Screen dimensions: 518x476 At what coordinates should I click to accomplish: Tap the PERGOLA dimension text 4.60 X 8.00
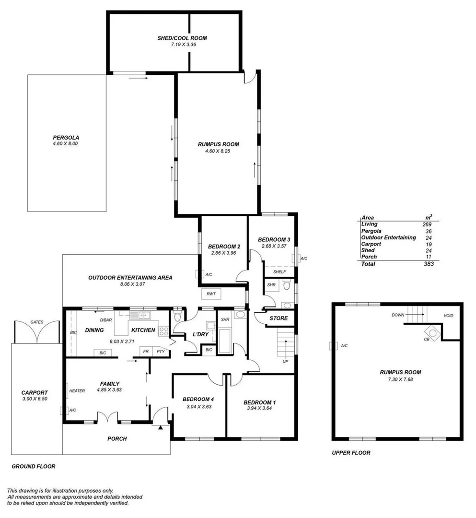pyautogui.click(x=66, y=143)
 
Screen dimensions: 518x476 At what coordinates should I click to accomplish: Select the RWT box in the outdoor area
pyautogui.click(x=210, y=294)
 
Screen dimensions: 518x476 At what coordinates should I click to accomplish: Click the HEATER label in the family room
pyautogui.click(x=77, y=391)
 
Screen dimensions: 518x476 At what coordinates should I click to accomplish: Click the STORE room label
pyautogui.click(x=278, y=318)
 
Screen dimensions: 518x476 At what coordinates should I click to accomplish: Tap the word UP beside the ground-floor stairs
pyautogui.click(x=285, y=361)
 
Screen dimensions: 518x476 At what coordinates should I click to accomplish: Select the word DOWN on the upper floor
pyautogui.click(x=397, y=315)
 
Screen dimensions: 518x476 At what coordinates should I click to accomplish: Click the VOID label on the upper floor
pyautogui.click(x=448, y=316)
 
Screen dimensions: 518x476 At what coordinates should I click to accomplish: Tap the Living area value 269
pyautogui.click(x=427, y=224)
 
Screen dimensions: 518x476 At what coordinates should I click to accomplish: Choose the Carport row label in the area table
pyautogui.click(x=371, y=244)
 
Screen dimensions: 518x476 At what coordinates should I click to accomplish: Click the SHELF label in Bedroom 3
pyautogui.click(x=279, y=272)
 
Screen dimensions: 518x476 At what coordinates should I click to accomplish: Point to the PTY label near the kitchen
pyautogui.click(x=161, y=351)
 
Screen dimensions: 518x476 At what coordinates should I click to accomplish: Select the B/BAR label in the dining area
pyautogui.click(x=105, y=320)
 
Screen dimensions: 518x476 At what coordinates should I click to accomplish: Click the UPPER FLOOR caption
pyautogui.click(x=351, y=452)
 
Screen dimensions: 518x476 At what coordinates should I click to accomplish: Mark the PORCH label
pyautogui.click(x=116, y=438)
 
